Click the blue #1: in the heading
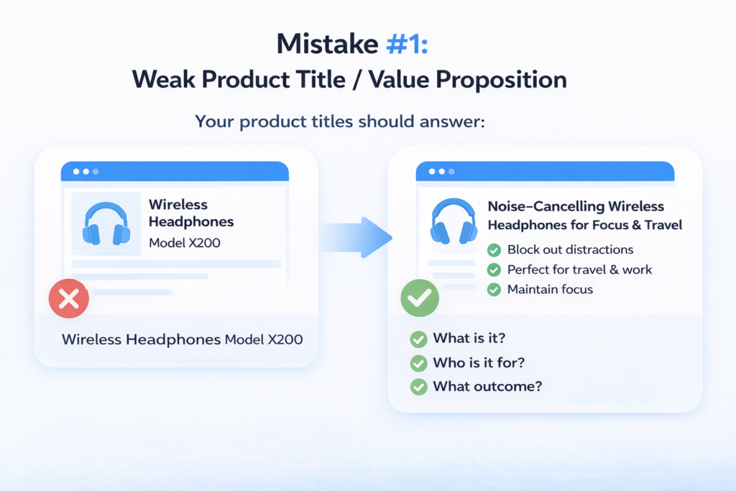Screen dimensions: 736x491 (407, 44)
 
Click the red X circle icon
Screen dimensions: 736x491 (69, 298)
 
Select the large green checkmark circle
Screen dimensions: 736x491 (420, 298)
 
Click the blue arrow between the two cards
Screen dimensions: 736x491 (355, 237)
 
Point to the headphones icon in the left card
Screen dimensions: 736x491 (106, 224)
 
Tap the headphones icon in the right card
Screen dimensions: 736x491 (454, 221)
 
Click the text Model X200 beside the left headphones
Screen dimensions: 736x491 (185, 243)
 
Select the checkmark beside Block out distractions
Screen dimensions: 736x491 (494, 249)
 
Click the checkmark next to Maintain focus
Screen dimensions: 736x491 (494, 290)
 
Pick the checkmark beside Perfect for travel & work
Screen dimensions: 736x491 (494, 270)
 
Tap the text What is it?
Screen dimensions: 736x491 (469, 338)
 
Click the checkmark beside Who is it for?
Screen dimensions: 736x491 (418, 363)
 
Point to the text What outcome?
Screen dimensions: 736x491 (487, 386)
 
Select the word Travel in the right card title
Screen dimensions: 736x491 (663, 225)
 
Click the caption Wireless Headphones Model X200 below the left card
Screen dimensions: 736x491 (182, 339)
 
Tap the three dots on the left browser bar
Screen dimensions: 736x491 (86, 172)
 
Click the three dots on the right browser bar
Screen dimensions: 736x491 (442, 172)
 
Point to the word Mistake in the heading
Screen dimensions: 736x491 (327, 44)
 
